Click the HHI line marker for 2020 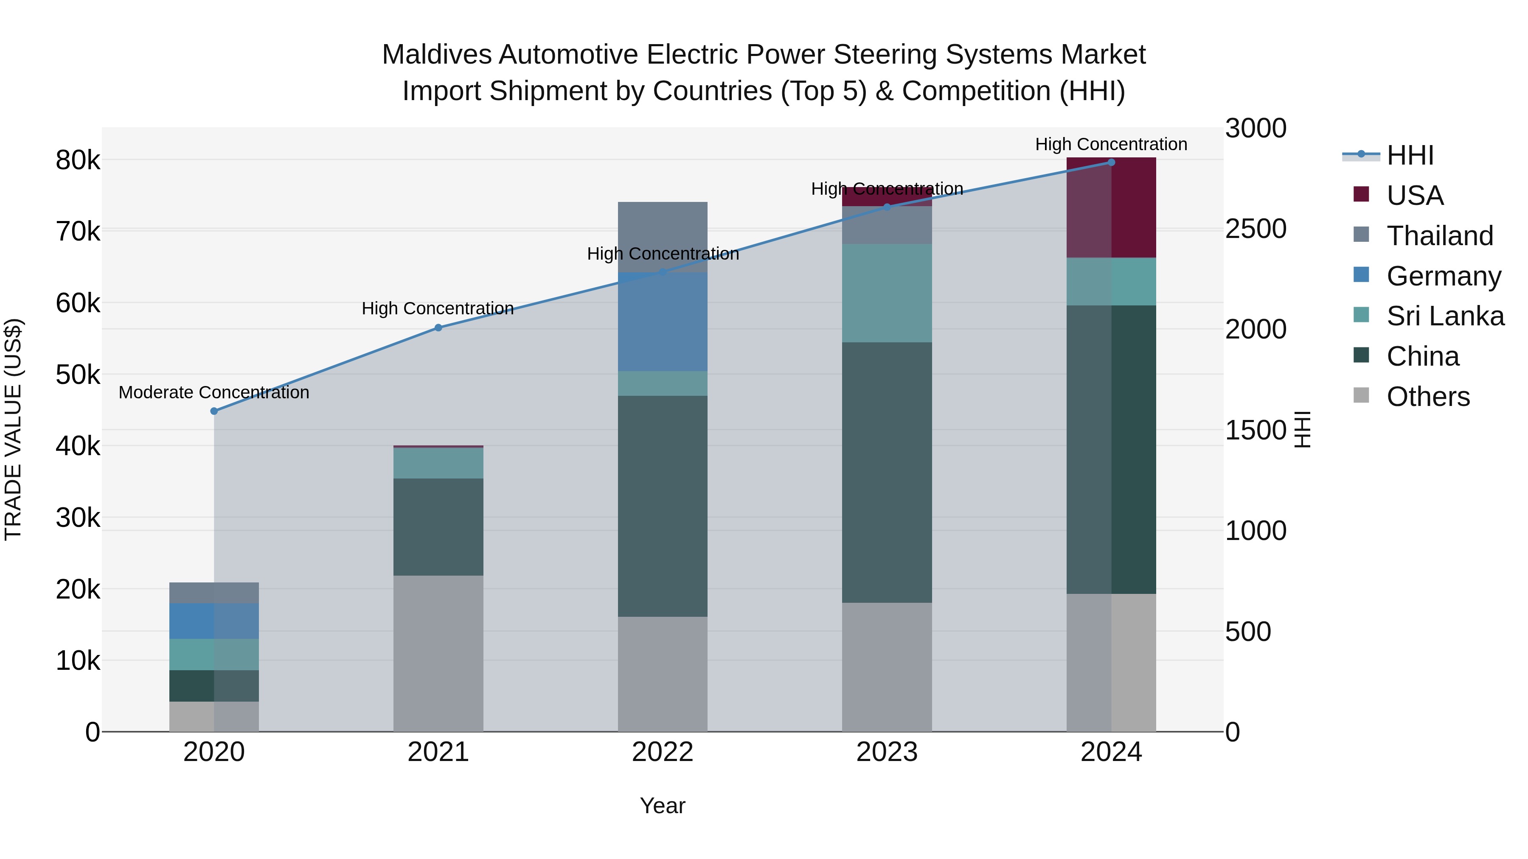(214, 411)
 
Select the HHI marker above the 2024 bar (1111, 162)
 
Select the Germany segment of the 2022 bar (663, 322)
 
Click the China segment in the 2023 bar (887, 473)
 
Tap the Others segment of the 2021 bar (438, 653)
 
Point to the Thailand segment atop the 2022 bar (663, 237)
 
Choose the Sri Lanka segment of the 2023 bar (887, 293)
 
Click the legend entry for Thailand (1440, 236)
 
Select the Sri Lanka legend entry (1445, 316)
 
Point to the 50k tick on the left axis (78, 375)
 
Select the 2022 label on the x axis (663, 752)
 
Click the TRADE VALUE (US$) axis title (13, 429)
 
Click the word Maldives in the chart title (436, 55)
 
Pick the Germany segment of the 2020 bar (214, 621)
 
